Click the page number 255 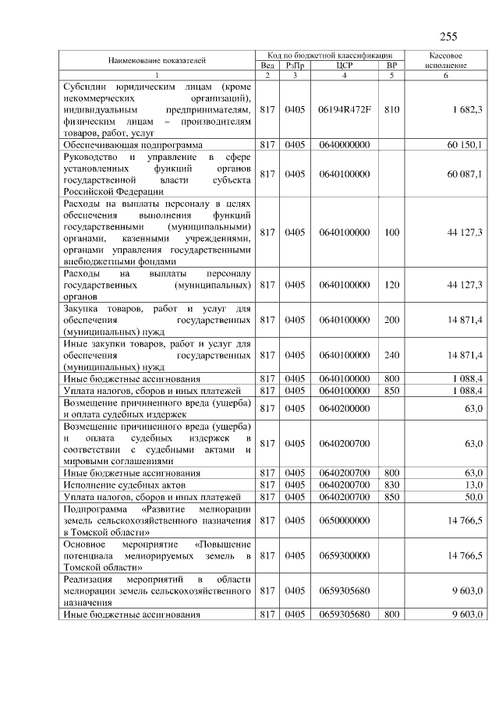(448, 37)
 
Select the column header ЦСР (344, 66)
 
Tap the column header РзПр (294, 66)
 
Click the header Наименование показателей (157, 60)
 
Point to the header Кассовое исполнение (447, 61)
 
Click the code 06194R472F (344, 110)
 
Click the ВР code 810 (391, 110)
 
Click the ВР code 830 (391, 484)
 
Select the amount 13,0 (472, 484)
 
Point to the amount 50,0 (472, 496)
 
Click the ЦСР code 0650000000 (344, 519)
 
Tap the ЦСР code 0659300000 (344, 555)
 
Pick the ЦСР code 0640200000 (344, 408)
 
